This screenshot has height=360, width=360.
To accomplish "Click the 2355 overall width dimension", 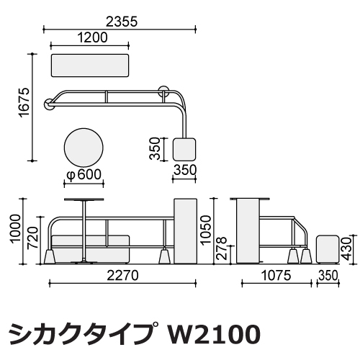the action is [122, 22].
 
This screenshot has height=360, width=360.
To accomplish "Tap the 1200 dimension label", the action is [93, 37].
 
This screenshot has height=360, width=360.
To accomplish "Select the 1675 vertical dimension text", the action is [24, 103].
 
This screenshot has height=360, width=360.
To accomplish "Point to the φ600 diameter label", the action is [84, 174].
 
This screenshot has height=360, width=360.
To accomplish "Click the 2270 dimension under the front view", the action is [122, 276].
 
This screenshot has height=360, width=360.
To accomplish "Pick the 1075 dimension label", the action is [276, 276].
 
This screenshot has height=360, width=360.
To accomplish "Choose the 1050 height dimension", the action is [206, 230].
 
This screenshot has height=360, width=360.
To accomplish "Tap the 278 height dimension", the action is [221, 248].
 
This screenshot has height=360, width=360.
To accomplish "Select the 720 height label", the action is [33, 238].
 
